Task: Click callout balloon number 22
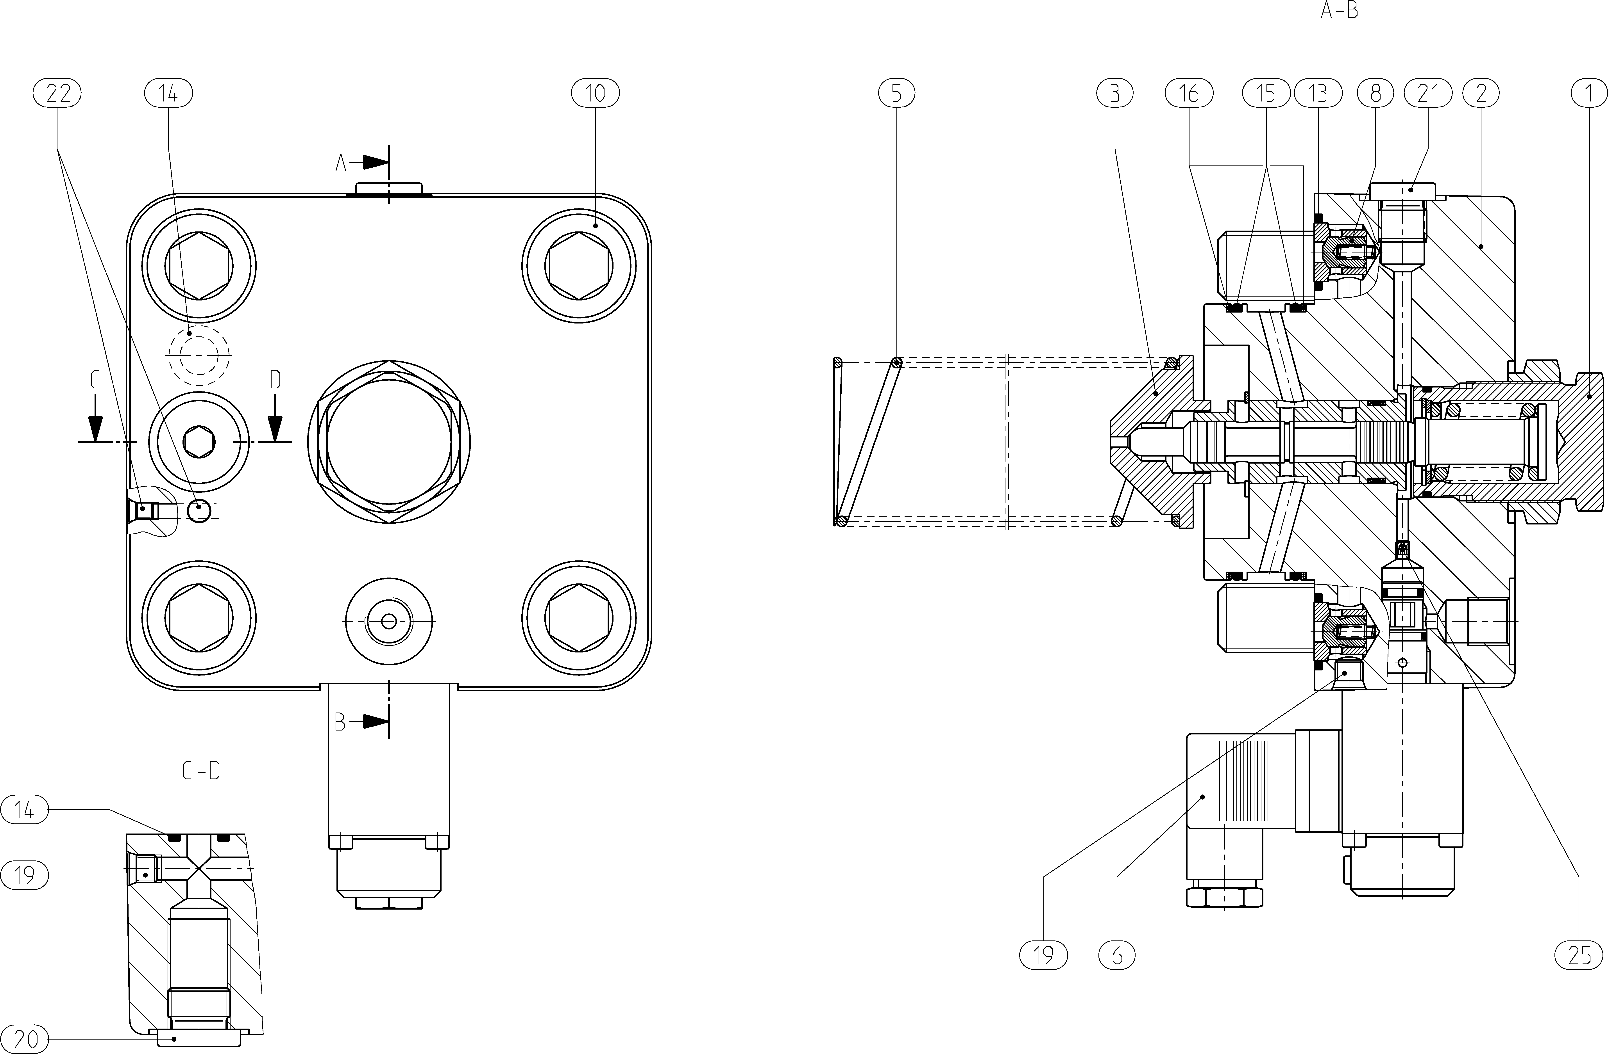57,93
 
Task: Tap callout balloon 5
896,93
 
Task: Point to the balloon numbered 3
1115,93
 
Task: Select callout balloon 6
1117,955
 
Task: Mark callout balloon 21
1428,93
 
